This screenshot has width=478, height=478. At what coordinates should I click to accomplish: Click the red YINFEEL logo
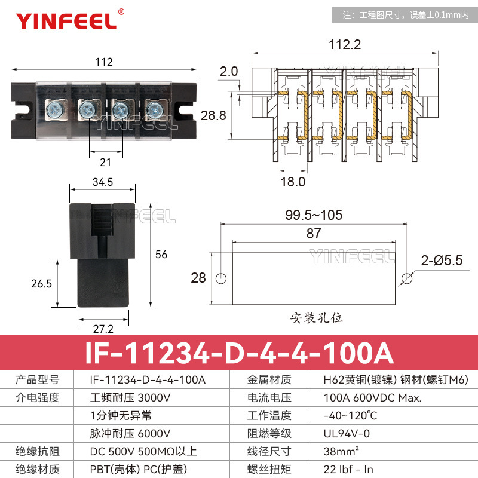[x=66, y=20]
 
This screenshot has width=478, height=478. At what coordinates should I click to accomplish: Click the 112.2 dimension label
[x=345, y=44]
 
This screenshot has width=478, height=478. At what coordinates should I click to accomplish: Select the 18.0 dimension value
[x=293, y=182]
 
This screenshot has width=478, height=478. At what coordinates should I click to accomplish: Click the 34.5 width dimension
[x=103, y=181]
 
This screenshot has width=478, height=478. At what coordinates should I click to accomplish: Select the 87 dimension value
[x=314, y=234]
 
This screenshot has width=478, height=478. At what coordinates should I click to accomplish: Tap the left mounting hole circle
[x=221, y=278]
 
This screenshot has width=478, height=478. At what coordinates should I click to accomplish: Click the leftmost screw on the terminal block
[x=53, y=109]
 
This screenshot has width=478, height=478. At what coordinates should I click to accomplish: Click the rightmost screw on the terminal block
[x=155, y=109]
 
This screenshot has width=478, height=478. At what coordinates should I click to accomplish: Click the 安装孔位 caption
[x=317, y=317]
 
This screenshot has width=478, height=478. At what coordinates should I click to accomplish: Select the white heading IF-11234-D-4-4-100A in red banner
[x=239, y=353]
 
